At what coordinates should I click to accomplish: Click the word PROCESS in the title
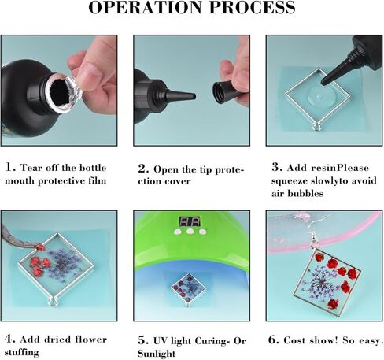click(249, 9)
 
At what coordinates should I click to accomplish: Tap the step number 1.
click(9, 168)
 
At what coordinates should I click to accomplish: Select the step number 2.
click(142, 168)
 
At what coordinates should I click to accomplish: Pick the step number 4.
click(9, 340)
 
